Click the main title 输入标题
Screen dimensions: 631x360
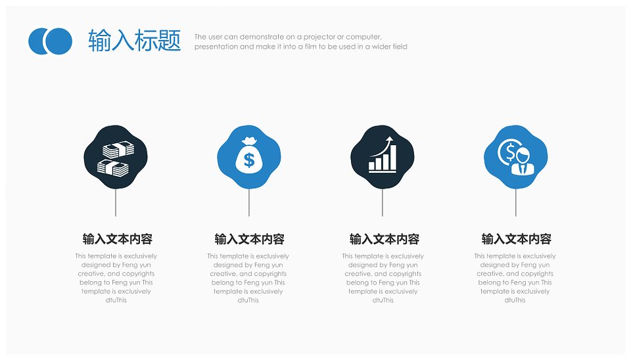coord(134,41)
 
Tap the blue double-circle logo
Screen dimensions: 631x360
coord(51,41)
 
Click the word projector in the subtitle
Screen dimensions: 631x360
coord(320,37)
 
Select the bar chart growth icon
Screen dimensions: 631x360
coord(383,154)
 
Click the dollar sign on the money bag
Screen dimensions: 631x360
coord(249,160)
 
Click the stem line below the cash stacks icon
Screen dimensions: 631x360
coord(116,202)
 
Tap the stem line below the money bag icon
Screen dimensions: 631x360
coord(248,202)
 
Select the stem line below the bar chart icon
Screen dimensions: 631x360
coord(383,202)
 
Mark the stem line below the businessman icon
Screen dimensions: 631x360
coord(515,202)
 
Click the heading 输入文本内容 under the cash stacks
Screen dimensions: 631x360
coord(118,239)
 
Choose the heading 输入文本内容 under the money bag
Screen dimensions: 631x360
coord(250,239)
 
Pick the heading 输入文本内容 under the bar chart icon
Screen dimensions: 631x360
coord(385,239)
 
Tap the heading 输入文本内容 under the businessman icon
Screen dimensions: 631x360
coord(517,239)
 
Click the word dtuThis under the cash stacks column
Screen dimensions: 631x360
coord(116,300)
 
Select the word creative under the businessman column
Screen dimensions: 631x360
coord(490,274)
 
